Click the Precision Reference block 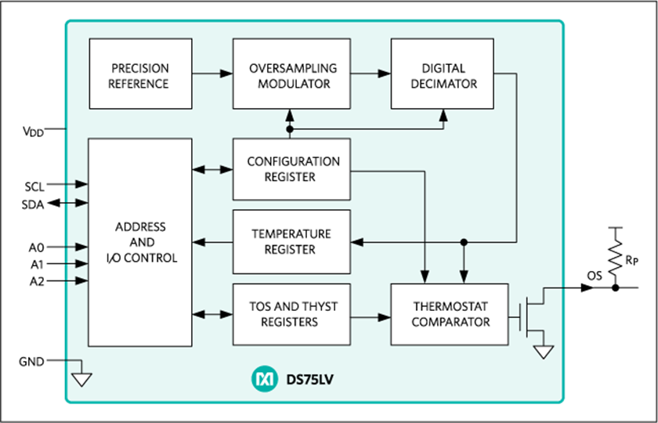pyautogui.click(x=140, y=74)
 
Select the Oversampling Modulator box pyautogui.click(x=291, y=74)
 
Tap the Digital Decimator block pyautogui.click(x=443, y=74)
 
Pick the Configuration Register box pyautogui.click(x=291, y=169)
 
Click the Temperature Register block pyautogui.click(x=291, y=242)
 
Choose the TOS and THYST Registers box pyautogui.click(x=291, y=314)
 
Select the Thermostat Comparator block pyautogui.click(x=450, y=314)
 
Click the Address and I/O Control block pyautogui.click(x=140, y=243)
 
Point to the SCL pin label pyautogui.click(x=34, y=185)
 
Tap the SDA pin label pyautogui.click(x=33, y=204)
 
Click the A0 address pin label pyautogui.click(x=37, y=248)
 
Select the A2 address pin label pyautogui.click(x=37, y=282)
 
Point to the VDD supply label pyautogui.click(x=33, y=132)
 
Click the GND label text pyautogui.click(x=31, y=361)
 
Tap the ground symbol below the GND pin pyautogui.click(x=81, y=379)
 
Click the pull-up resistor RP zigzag pyautogui.click(x=615, y=257)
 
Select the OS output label pyautogui.click(x=595, y=276)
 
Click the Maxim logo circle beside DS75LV pyautogui.click(x=265, y=379)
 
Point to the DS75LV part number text pyautogui.click(x=310, y=380)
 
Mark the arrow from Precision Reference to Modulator pyautogui.click(x=212, y=74)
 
